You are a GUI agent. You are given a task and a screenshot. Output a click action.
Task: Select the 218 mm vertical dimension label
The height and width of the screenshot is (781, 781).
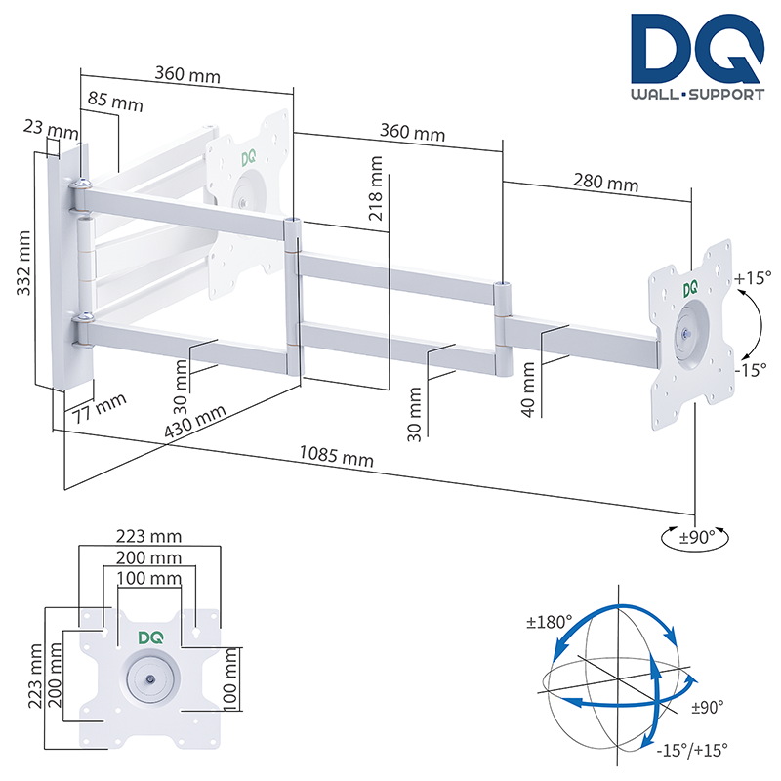[x=376, y=189]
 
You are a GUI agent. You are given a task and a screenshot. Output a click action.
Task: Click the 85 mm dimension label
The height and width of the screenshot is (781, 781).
[x=112, y=103]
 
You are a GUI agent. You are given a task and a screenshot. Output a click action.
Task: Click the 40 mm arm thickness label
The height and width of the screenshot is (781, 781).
[x=528, y=388]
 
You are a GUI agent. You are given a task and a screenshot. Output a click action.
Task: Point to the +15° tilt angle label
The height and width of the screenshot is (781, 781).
[x=753, y=278]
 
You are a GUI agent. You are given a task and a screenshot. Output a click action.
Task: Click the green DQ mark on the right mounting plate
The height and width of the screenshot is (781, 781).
[x=690, y=289]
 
